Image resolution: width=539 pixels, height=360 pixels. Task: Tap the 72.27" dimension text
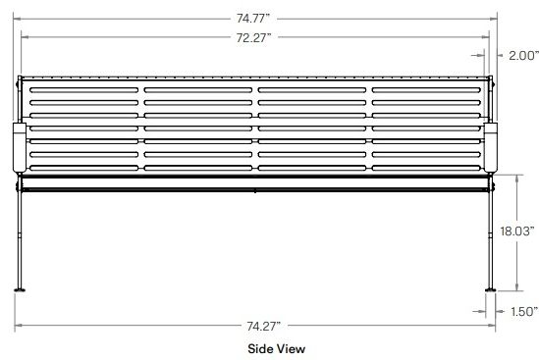click(253, 37)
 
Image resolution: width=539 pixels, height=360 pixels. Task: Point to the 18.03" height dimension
click(517, 231)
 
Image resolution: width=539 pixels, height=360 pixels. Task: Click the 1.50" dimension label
click(524, 312)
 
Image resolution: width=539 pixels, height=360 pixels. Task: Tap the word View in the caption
click(291, 349)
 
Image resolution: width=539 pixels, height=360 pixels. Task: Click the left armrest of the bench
click(20, 148)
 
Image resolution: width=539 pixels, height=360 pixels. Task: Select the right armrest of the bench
click(491, 148)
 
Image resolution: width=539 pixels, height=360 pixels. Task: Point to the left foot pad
click(20, 290)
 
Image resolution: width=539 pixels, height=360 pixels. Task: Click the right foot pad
click(491, 290)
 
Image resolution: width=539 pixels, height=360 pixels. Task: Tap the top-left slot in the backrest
click(83, 90)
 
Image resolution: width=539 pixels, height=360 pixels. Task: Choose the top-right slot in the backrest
click(426, 90)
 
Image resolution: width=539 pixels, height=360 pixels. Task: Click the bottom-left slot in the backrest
click(83, 168)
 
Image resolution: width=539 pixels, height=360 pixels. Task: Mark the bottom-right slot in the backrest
click(426, 168)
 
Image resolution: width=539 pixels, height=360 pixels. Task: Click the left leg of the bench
click(20, 237)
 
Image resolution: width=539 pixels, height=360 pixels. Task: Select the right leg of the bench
click(491, 237)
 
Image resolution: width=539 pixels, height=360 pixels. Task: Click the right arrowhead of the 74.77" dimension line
click(494, 19)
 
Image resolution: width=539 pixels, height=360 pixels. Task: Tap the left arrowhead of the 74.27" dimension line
click(19, 326)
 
